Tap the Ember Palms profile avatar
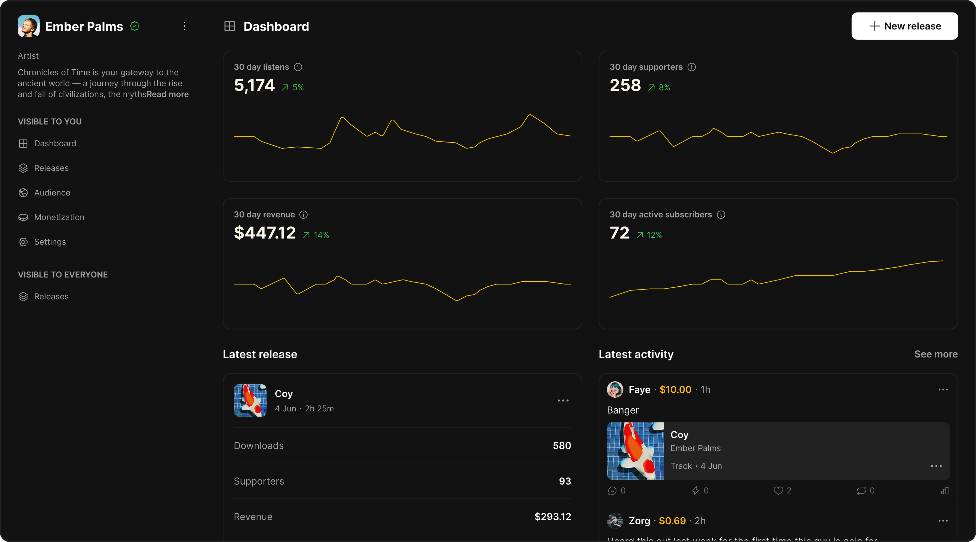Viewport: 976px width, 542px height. pyautogui.click(x=28, y=26)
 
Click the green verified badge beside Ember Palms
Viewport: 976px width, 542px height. pyautogui.click(x=134, y=26)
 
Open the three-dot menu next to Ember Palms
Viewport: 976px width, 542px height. pyautogui.click(x=185, y=26)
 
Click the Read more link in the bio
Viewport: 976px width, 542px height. pyautogui.click(x=167, y=94)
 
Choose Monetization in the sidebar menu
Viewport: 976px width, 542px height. pyautogui.click(x=59, y=218)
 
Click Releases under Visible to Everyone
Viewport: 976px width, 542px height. pyautogui.click(x=51, y=297)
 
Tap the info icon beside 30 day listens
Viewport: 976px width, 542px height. pyautogui.click(x=298, y=67)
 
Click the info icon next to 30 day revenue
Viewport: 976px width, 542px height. pyautogui.click(x=303, y=215)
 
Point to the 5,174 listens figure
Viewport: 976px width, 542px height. pyautogui.click(x=254, y=86)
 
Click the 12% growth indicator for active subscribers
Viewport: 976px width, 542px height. pyautogui.click(x=649, y=235)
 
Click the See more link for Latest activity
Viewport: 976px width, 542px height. pyautogui.click(x=936, y=354)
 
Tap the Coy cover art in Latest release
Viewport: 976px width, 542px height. pyautogui.click(x=250, y=400)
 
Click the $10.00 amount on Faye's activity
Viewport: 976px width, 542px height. pyautogui.click(x=675, y=390)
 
